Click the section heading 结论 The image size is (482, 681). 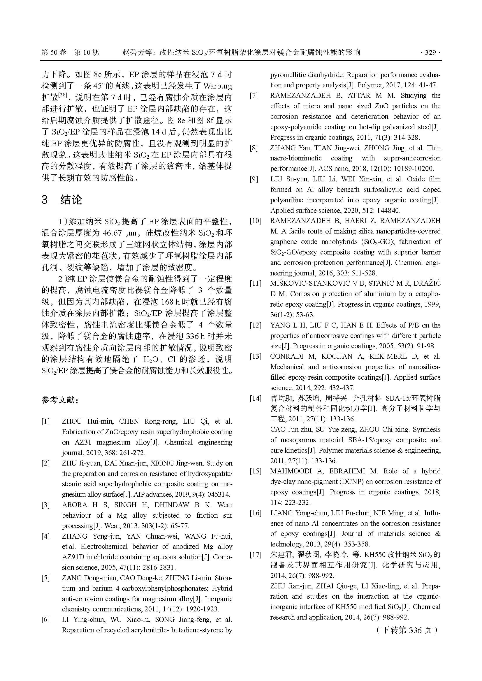point(71,200)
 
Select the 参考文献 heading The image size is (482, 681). point(60,400)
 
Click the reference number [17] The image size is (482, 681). point(255,554)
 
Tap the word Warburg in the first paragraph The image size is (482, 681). point(218,86)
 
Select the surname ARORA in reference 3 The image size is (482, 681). point(75,505)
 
